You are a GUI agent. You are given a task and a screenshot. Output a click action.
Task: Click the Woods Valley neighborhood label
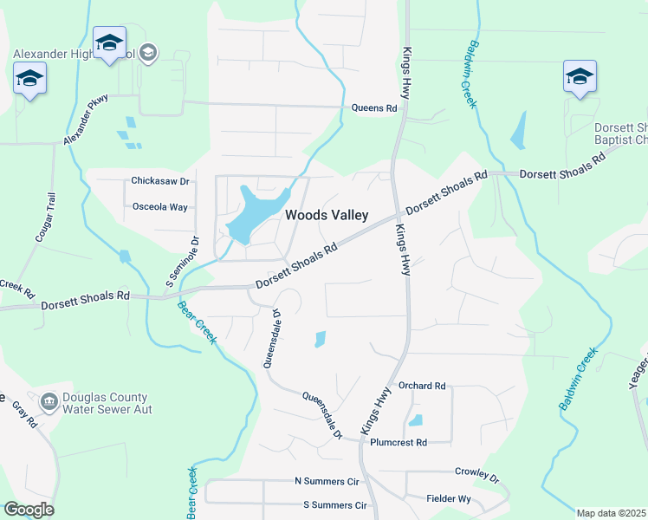pyautogui.click(x=327, y=215)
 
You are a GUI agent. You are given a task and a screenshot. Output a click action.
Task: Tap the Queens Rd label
pyautogui.click(x=373, y=108)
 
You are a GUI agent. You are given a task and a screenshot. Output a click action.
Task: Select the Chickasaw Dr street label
pyautogui.click(x=159, y=181)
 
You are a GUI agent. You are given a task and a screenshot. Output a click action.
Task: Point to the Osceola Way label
pyautogui.click(x=159, y=207)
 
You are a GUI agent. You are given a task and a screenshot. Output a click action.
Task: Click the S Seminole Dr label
pyautogui.click(x=183, y=263)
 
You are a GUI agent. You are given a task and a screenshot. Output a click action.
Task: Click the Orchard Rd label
pyautogui.click(x=421, y=385)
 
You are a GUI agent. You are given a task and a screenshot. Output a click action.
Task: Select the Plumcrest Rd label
pyautogui.click(x=399, y=442)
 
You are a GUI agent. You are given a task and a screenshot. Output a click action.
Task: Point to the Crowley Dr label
pyautogui.click(x=476, y=474)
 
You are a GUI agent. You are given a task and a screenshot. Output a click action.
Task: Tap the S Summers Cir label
pyautogui.click(x=334, y=504)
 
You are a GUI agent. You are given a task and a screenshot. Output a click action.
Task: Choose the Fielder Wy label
pyautogui.click(x=449, y=498)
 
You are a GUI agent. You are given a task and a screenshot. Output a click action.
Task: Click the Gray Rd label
pyautogui.click(x=24, y=417)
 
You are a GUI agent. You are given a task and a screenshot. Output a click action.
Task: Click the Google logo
pyautogui.click(x=28, y=510)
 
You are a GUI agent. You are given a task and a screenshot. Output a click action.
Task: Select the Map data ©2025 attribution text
pyautogui.click(x=612, y=513)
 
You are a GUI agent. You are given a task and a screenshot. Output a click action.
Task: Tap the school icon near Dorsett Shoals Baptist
pyautogui.click(x=579, y=76)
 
